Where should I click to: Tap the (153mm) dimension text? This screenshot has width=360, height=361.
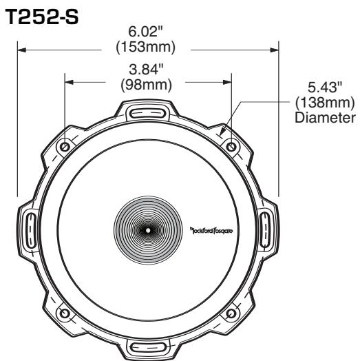pyautogui.click(x=147, y=48)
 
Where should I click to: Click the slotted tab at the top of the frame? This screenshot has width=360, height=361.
pyautogui.click(x=147, y=112)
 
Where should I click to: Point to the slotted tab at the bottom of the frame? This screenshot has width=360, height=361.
pyautogui.click(x=147, y=347)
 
